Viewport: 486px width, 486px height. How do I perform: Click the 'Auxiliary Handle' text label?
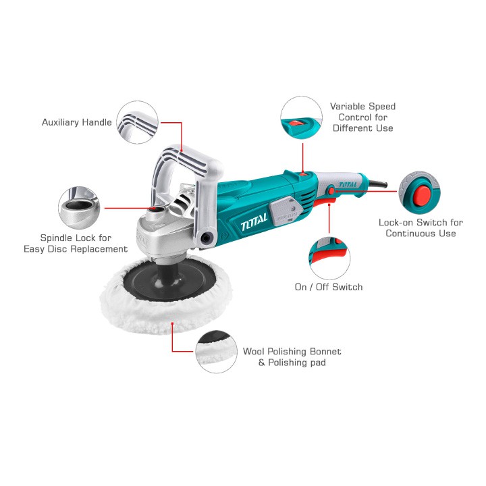tap(76, 122)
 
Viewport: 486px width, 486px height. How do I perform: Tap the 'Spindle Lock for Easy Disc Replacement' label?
tap(76, 243)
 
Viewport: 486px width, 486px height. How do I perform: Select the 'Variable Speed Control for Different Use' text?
tap(363, 117)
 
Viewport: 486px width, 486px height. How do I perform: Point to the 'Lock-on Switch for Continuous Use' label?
tap(421, 228)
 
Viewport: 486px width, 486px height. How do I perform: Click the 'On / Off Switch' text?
tap(329, 287)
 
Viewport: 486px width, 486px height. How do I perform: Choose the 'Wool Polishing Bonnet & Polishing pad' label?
tap(292, 357)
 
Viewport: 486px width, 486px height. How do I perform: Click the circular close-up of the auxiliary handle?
tap(138, 122)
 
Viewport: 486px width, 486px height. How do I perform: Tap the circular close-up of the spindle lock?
tap(79, 208)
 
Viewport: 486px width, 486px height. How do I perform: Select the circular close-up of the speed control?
tap(301, 117)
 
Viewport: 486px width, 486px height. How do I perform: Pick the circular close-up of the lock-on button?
tap(419, 192)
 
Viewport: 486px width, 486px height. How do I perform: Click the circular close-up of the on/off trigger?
tap(329, 259)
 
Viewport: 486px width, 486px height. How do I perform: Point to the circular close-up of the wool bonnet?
tap(217, 352)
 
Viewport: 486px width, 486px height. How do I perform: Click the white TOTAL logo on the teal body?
tap(254, 221)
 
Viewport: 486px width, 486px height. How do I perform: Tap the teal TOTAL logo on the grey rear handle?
tap(348, 185)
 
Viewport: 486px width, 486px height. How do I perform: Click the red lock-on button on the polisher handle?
tap(331, 190)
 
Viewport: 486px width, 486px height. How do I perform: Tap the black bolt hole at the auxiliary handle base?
tap(205, 238)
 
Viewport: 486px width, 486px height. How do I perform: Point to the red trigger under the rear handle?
tap(324, 202)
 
